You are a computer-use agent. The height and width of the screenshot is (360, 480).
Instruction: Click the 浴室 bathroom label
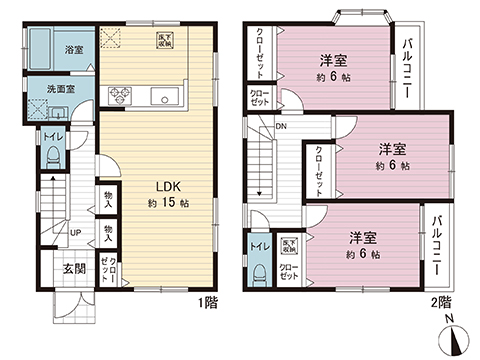click(x=74, y=49)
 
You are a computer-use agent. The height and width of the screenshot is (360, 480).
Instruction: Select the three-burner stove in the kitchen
click(x=119, y=97)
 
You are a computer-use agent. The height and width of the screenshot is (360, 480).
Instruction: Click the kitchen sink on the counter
click(x=162, y=97)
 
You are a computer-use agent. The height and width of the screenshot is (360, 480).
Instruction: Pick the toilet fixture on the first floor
click(x=51, y=156)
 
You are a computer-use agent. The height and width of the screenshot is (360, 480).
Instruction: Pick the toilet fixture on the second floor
click(x=258, y=272)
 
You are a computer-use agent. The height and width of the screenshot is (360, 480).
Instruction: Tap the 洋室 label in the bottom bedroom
click(x=363, y=237)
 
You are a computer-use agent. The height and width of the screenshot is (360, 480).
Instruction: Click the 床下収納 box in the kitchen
click(x=164, y=42)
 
